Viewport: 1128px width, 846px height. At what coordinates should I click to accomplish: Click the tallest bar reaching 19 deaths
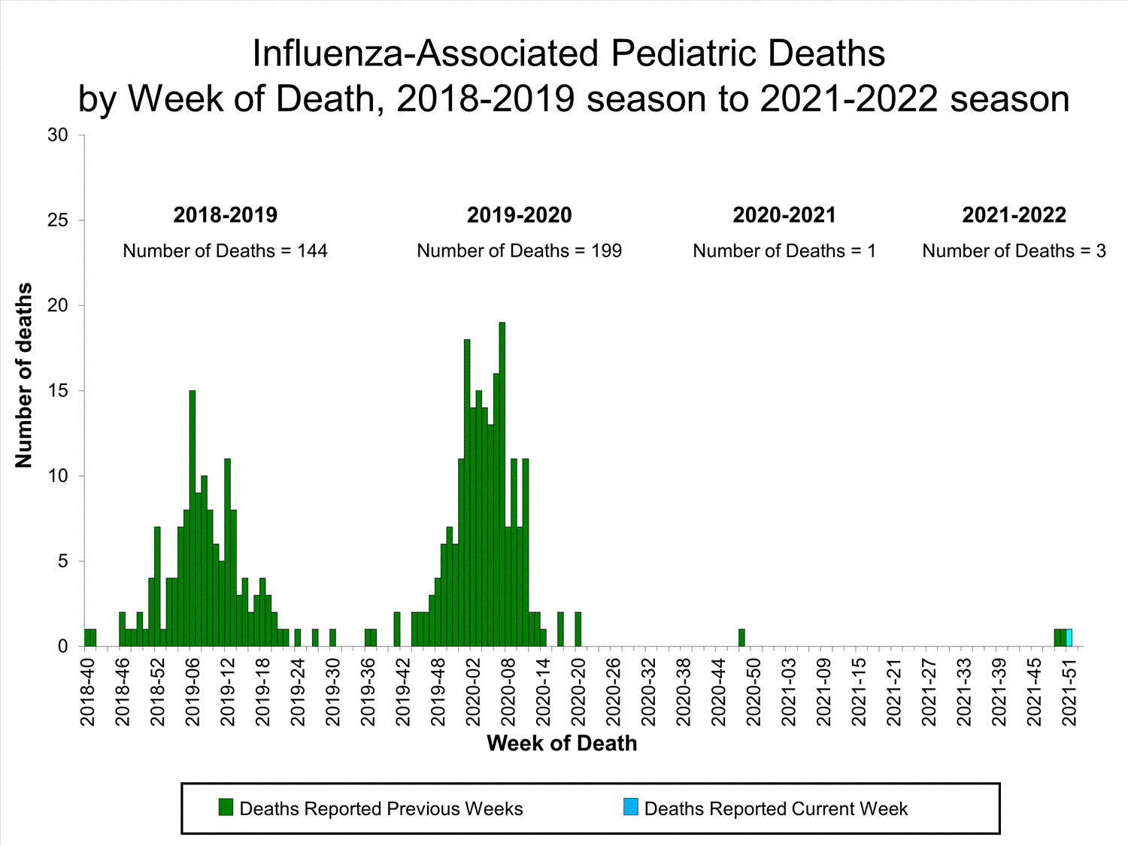point(502,484)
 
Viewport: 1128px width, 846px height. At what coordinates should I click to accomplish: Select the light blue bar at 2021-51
point(1069,638)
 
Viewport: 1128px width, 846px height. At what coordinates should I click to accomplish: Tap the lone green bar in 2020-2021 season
point(741,638)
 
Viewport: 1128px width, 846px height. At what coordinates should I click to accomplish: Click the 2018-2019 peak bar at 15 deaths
point(193,519)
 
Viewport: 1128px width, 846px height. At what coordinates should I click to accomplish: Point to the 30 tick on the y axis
point(58,135)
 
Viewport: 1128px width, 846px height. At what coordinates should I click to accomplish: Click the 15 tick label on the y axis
point(58,391)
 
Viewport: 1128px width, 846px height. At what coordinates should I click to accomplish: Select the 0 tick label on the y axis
point(62,647)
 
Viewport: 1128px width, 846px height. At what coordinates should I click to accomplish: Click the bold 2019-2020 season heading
point(519,215)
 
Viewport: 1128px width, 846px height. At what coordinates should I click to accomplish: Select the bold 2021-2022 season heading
point(1014,215)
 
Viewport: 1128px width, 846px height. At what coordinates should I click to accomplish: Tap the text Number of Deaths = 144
point(225,251)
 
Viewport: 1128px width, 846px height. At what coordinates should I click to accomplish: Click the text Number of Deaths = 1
point(784,251)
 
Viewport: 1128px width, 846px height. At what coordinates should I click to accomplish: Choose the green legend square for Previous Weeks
point(226,808)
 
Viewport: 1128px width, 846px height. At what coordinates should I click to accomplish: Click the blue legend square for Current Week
point(631,808)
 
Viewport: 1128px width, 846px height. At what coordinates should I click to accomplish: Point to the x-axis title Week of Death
point(562,744)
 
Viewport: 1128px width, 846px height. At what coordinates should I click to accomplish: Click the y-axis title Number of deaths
point(24,375)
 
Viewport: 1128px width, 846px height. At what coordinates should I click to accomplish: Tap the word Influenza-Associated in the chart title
point(426,54)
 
